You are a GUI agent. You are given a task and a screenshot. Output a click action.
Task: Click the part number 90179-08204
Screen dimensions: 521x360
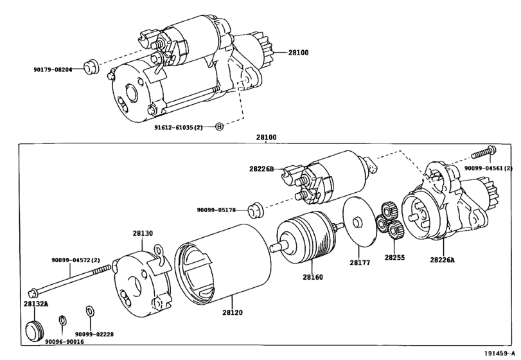coord(53,69)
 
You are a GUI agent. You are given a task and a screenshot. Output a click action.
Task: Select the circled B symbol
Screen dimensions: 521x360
coord(219,126)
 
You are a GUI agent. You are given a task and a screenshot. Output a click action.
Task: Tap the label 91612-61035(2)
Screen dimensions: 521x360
coord(178,127)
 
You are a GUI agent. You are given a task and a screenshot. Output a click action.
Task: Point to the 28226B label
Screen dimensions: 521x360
coord(261,169)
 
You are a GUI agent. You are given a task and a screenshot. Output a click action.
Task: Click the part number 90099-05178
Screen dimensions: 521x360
coord(216,210)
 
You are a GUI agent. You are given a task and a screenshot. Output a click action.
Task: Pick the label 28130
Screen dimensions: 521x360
coord(143,233)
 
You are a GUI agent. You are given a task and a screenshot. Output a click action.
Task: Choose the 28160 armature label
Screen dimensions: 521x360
coord(313,277)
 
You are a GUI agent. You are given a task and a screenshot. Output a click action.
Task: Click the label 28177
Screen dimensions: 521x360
coord(360,262)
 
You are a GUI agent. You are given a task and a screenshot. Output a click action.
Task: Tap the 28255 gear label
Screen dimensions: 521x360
coord(394,258)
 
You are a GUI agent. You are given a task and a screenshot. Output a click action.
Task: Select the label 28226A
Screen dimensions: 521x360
coord(442,260)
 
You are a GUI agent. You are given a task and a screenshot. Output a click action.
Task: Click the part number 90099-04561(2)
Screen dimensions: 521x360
coord(488,168)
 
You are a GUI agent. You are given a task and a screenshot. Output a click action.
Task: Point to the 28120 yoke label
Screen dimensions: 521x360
coord(233,312)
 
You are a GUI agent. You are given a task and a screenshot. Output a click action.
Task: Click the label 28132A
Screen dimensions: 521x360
coord(36,303)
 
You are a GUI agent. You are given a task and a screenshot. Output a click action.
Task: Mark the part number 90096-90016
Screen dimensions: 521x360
coord(64,342)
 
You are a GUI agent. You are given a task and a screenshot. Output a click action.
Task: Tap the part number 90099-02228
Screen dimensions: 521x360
coord(94,334)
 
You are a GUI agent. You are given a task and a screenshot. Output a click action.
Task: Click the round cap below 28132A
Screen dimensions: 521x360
coord(35,330)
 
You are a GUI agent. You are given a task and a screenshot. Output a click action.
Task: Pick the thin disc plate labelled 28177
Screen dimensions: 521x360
coord(360,222)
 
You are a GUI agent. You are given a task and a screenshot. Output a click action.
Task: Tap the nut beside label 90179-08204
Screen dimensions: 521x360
coord(91,66)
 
